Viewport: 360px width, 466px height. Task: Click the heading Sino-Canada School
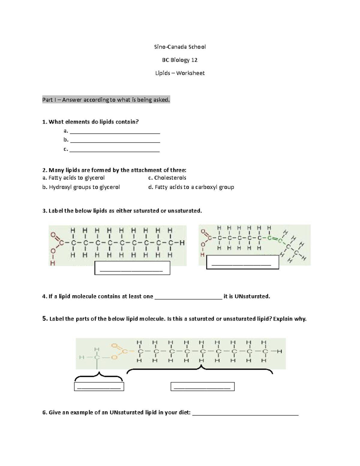point(180,47)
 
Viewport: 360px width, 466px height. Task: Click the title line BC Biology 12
point(180,60)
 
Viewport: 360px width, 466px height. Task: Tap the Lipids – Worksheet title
point(180,73)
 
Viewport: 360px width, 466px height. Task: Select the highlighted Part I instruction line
point(106,100)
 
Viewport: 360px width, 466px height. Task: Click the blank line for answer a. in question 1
point(115,132)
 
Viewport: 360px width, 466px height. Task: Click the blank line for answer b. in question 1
point(115,141)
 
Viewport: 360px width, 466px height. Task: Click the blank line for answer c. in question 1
point(115,150)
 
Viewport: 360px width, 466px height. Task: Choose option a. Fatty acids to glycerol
point(73,178)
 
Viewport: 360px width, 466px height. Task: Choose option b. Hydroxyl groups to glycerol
point(81,187)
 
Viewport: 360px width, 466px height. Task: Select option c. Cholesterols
point(167,178)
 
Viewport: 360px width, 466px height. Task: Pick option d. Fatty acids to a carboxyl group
point(191,187)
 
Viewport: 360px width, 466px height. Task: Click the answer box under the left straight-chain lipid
point(132,268)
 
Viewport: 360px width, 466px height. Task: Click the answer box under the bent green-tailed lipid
point(242,262)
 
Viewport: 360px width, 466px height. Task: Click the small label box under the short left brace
point(99,386)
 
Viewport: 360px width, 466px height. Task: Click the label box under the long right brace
point(202,386)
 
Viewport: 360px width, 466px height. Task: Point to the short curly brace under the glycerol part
point(99,376)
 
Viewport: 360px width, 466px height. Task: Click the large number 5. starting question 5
point(45,319)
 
